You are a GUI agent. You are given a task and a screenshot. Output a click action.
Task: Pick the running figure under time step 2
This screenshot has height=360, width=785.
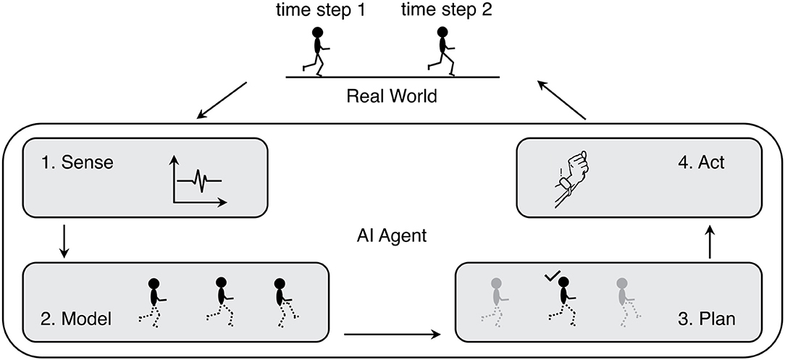tap(441, 51)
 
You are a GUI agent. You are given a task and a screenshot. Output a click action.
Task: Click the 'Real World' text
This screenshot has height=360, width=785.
tap(392, 95)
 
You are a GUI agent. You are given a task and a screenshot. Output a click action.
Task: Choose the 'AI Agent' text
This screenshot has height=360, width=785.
tap(392, 235)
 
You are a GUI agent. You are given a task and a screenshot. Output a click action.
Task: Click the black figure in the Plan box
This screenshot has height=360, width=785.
tap(562, 301)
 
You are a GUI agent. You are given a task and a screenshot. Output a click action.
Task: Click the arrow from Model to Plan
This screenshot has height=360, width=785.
tap(393, 334)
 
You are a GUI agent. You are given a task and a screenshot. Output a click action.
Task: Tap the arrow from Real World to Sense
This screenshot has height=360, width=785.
tap(222, 101)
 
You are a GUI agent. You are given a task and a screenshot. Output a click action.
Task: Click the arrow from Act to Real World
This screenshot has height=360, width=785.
tap(562, 101)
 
